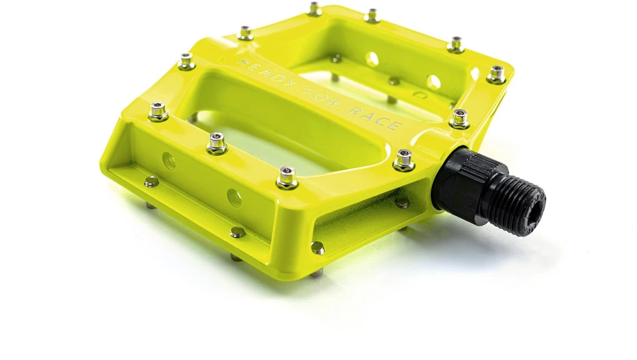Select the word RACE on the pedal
[374, 119]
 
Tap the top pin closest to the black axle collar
[404, 160]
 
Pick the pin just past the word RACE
[459, 119]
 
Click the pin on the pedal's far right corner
[496, 74]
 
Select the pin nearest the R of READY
[245, 33]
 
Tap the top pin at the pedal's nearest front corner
[287, 177]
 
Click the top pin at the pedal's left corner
[158, 111]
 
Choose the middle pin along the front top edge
[217, 143]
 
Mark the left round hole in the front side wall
[169, 161]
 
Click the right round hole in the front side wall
[234, 198]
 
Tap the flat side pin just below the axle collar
[402, 202]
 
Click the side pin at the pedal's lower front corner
[317, 247]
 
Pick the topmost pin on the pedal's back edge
[314, 8]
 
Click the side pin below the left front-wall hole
[151, 182]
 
